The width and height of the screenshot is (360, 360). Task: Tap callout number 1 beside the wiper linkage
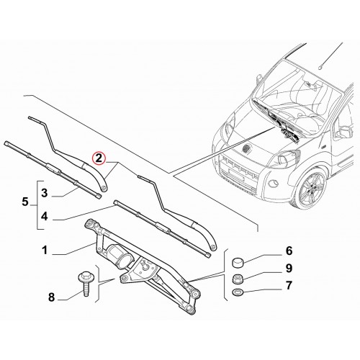point(45,251)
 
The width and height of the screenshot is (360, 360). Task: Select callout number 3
point(45,193)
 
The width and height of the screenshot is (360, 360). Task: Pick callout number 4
point(45,217)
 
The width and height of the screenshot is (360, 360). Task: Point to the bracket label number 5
point(25,202)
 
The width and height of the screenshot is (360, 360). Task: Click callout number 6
point(289,251)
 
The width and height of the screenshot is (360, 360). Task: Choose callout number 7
point(289,285)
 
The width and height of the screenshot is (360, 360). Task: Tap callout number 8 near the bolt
point(52,297)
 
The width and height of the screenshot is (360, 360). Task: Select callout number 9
point(289,268)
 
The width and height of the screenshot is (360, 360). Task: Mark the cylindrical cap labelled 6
point(237,262)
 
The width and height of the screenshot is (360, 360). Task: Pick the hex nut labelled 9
point(237,279)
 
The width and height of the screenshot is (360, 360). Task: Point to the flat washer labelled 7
point(238,292)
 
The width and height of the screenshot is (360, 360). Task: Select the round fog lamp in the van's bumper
point(273,184)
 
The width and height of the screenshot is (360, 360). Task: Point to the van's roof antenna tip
point(320,68)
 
